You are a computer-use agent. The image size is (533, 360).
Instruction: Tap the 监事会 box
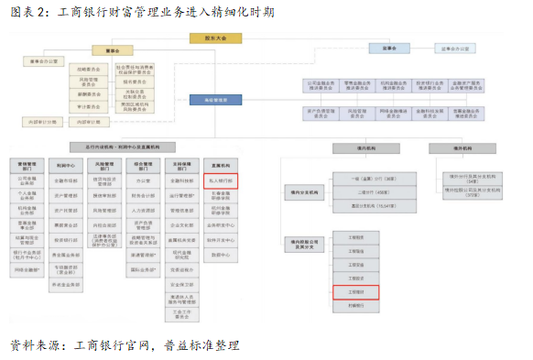(388, 47)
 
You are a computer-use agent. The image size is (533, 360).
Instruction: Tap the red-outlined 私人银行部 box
(221, 180)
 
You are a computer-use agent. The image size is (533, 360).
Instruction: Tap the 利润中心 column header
(65, 167)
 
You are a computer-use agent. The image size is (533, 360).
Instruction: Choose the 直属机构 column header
(221, 167)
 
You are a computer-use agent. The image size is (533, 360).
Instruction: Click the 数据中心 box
(221, 254)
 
